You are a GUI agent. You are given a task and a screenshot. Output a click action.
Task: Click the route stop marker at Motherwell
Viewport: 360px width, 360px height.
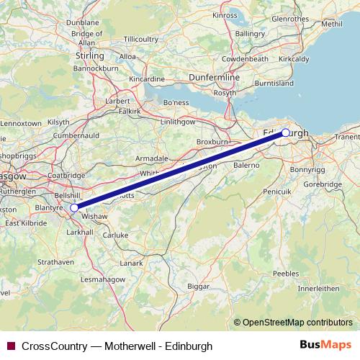tap(74, 207)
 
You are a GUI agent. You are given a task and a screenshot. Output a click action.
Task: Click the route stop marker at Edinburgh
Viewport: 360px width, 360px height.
tap(285, 132)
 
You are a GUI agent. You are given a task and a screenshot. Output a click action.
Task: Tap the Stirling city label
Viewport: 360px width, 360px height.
tap(90, 55)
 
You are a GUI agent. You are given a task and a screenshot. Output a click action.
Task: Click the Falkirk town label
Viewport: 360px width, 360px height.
tap(129, 111)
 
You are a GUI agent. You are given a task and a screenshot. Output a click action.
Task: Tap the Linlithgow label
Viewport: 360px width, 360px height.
tap(178, 122)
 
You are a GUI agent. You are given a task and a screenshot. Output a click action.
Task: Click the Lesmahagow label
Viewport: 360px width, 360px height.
tap(102, 279)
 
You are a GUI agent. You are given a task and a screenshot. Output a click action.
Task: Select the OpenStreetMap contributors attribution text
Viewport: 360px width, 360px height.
tap(297, 323)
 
